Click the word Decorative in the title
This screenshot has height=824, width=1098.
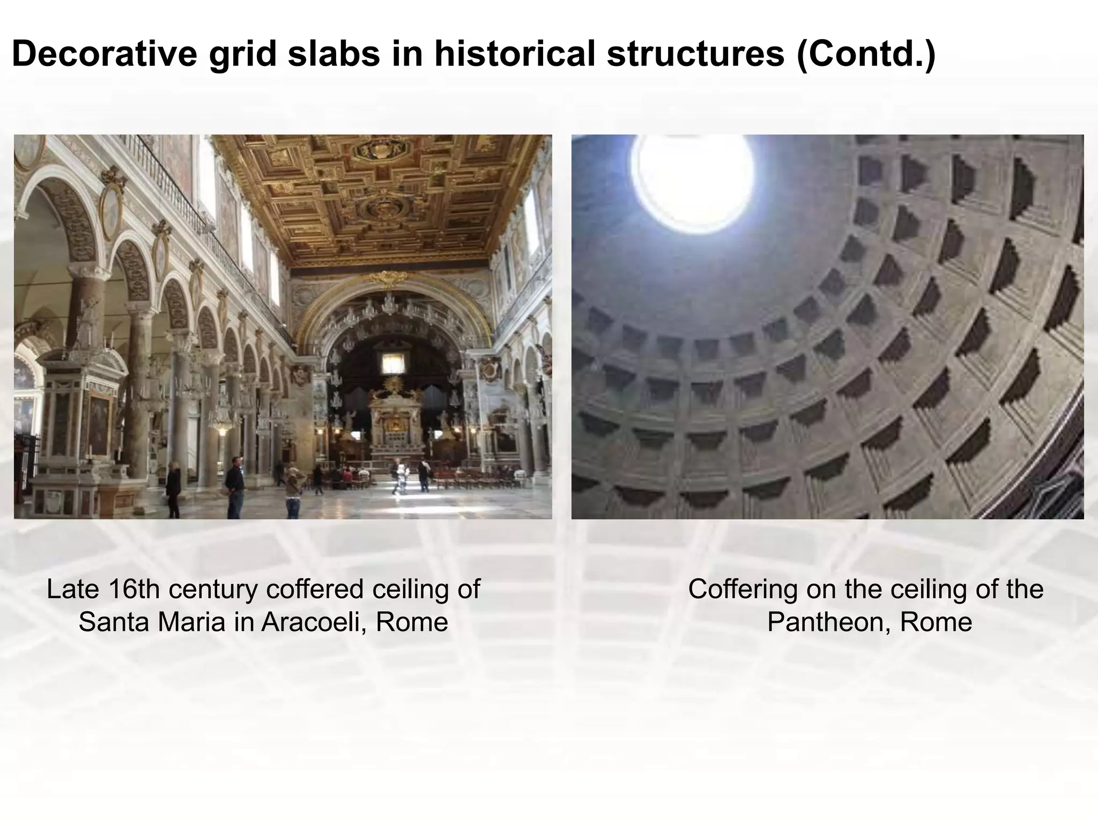click(105, 54)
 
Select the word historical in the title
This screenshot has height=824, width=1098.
click(514, 54)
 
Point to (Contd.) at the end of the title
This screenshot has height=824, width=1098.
click(866, 54)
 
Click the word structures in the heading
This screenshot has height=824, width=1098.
click(695, 54)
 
